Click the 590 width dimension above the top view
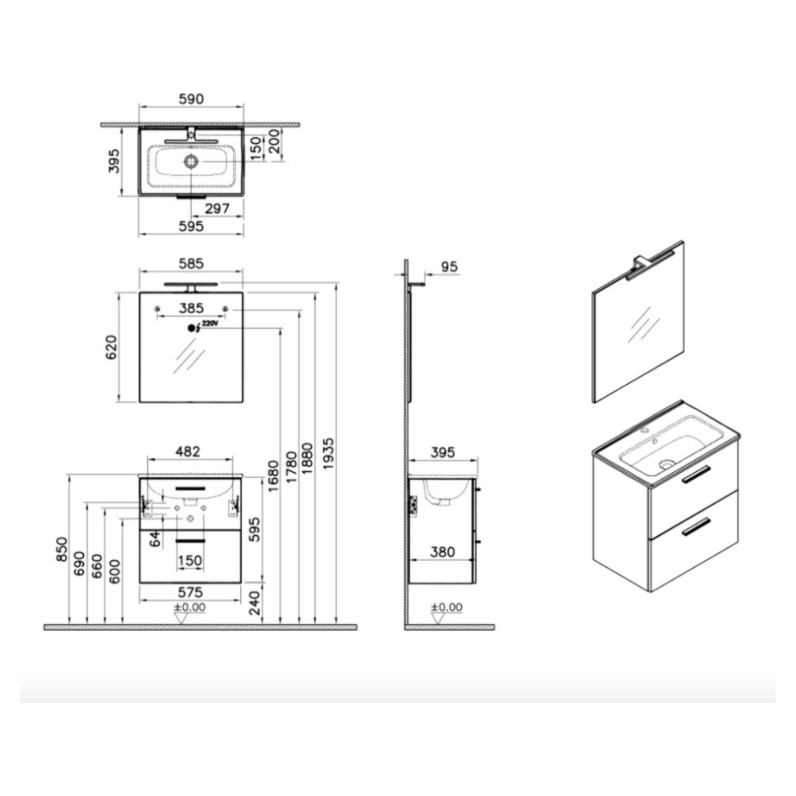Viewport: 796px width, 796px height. click(x=191, y=99)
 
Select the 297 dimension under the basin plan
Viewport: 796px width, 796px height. click(x=217, y=208)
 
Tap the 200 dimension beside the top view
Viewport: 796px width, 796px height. click(x=274, y=142)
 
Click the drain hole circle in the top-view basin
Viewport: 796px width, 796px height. click(x=191, y=162)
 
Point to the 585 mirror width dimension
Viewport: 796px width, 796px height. click(x=191, y=263)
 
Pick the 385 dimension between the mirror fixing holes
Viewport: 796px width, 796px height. click(x=191, y=308)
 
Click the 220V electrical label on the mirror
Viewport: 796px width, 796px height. click(x=209, y=323)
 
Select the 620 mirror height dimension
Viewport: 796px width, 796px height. click(x=111, y=347)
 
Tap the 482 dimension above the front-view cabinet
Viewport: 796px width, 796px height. click(x=188, y=451)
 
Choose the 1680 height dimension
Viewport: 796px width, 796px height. click(x=273, y=476)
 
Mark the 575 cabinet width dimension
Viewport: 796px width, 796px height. click(x=190, y=592)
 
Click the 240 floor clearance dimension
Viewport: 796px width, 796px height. click(x=255, y=602)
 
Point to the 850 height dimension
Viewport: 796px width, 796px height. click(x=62, y=549)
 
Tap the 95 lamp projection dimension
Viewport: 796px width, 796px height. click(x=449, y=267)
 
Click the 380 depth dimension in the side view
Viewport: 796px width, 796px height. click(x=442, y=552)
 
